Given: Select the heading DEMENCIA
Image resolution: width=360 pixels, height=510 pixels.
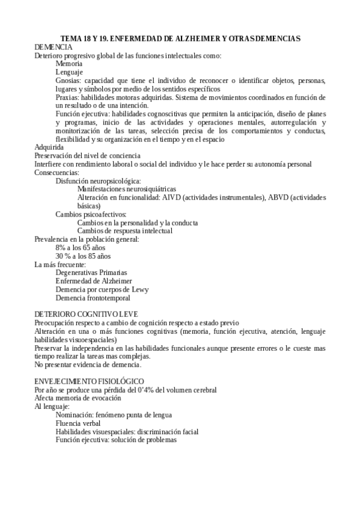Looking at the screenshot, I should tap(53, 47).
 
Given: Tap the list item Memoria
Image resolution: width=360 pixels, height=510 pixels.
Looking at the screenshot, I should tap(69, 63).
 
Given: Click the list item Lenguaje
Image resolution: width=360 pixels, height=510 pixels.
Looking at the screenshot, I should tap(69, 72).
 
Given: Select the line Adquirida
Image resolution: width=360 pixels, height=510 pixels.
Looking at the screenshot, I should tap(49, 147).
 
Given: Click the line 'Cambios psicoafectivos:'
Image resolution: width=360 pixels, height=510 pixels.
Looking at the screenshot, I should tap(91, 214).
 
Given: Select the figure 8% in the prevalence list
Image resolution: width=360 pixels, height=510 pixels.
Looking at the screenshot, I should tap(61, 248).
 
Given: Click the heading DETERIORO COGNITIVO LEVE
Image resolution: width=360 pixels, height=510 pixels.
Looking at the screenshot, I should tap(86, 315).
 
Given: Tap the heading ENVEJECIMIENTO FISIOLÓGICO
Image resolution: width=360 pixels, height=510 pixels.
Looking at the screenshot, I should tap(89, 381).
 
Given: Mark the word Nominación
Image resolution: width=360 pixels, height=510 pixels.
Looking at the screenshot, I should tap(76, 415).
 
